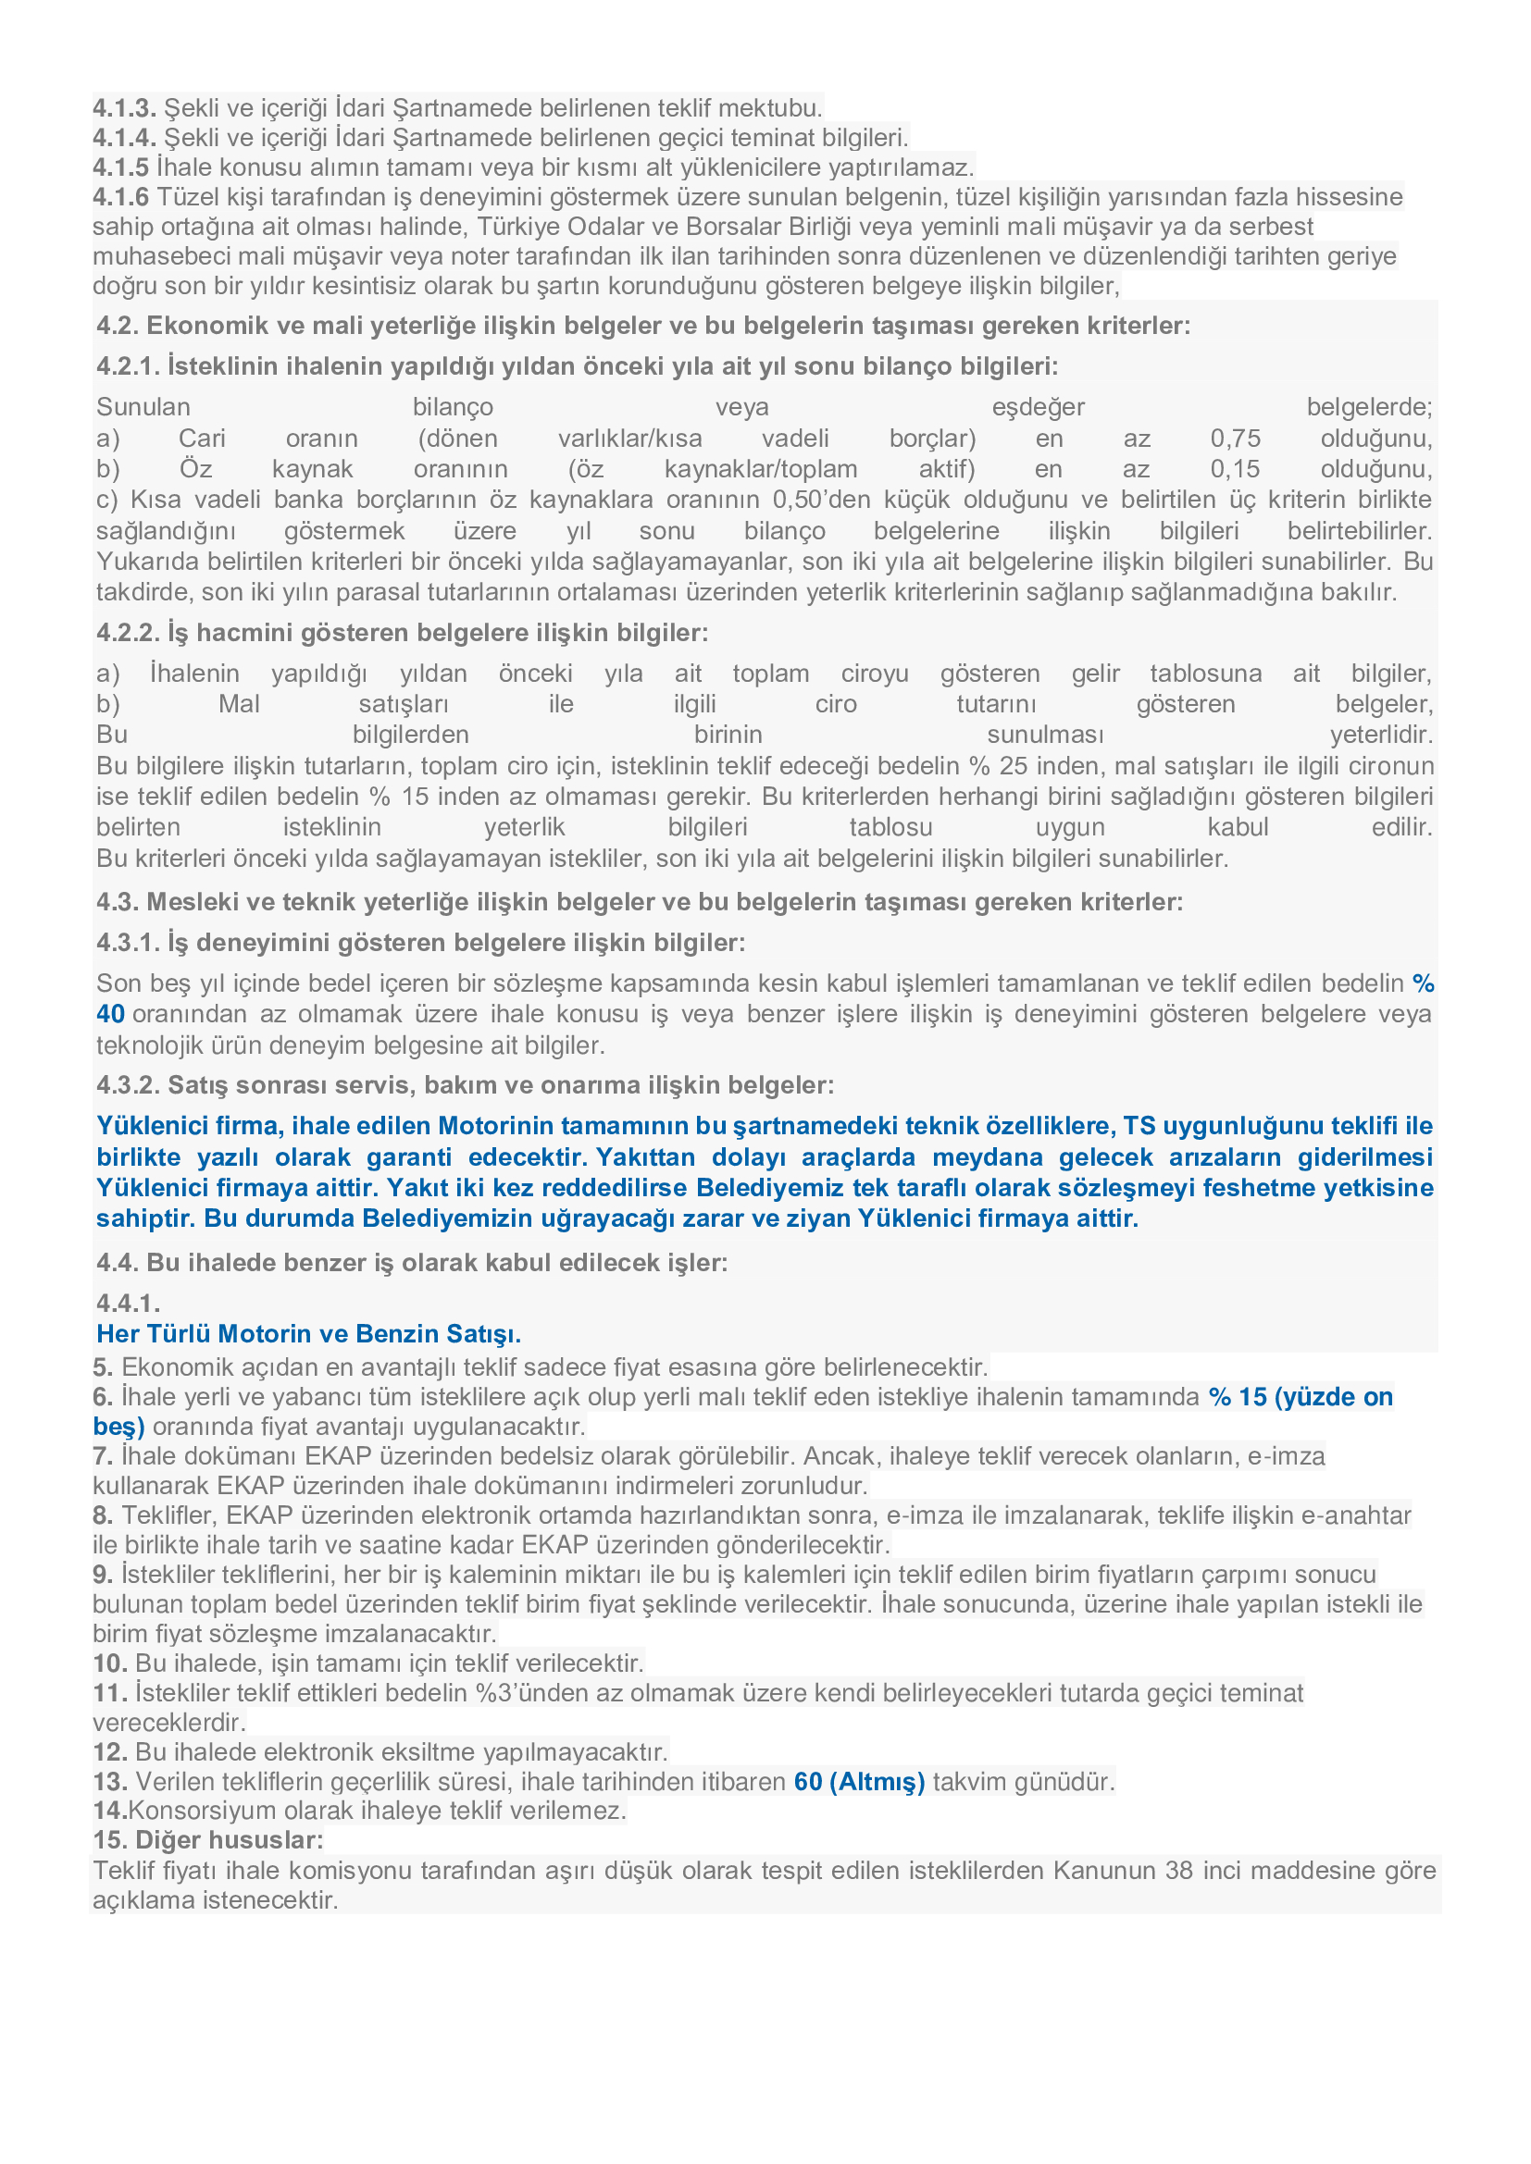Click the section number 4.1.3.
coord(123,107)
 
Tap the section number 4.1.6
coord(120,197)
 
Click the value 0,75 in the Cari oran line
coord(1235,439)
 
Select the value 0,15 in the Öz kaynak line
coord(1235,469)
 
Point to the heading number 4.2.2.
coord(129,633)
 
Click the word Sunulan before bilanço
coord(143,407)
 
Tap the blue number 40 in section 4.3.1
coord(110,1014)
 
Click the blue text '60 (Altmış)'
coord(859,1781)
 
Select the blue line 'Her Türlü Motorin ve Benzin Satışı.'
coord(308,1334)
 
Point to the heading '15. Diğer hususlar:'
coord(207,1840)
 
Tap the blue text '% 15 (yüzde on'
coord(1301,1397)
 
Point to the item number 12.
coord(109,1752)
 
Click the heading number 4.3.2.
coord(129,1085)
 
